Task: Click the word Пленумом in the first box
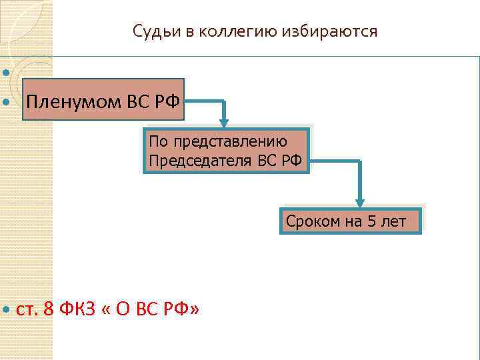[71, 103]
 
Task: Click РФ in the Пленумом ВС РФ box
[167, 103]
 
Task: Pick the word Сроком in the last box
[312, 221]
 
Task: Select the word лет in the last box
[393, 221]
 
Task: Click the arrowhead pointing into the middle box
[224, 122]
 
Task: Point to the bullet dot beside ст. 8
[7, 311]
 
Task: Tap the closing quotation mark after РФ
[194, 309]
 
